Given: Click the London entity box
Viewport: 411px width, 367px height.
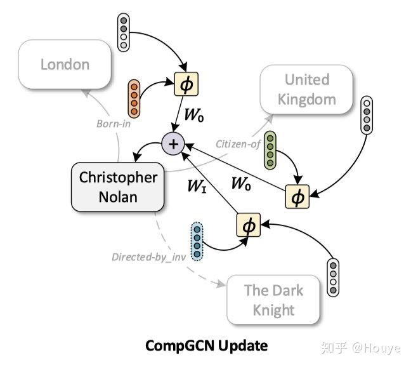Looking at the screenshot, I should tap(65, 64).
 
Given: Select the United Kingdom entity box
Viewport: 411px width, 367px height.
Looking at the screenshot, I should tap(306, 90).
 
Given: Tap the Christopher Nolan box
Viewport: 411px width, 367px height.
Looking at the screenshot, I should tap(117, 187).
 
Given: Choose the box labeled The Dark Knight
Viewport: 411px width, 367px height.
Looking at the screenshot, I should tap(274, 300).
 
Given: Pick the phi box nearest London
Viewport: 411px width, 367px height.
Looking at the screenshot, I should tap(185, 83).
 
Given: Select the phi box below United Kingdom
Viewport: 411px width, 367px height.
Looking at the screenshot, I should tap(297, 196).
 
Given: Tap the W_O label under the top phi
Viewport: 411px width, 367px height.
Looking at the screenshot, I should tap(194, 116).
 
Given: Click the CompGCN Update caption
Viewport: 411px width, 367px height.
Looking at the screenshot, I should tap(207, 346).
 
